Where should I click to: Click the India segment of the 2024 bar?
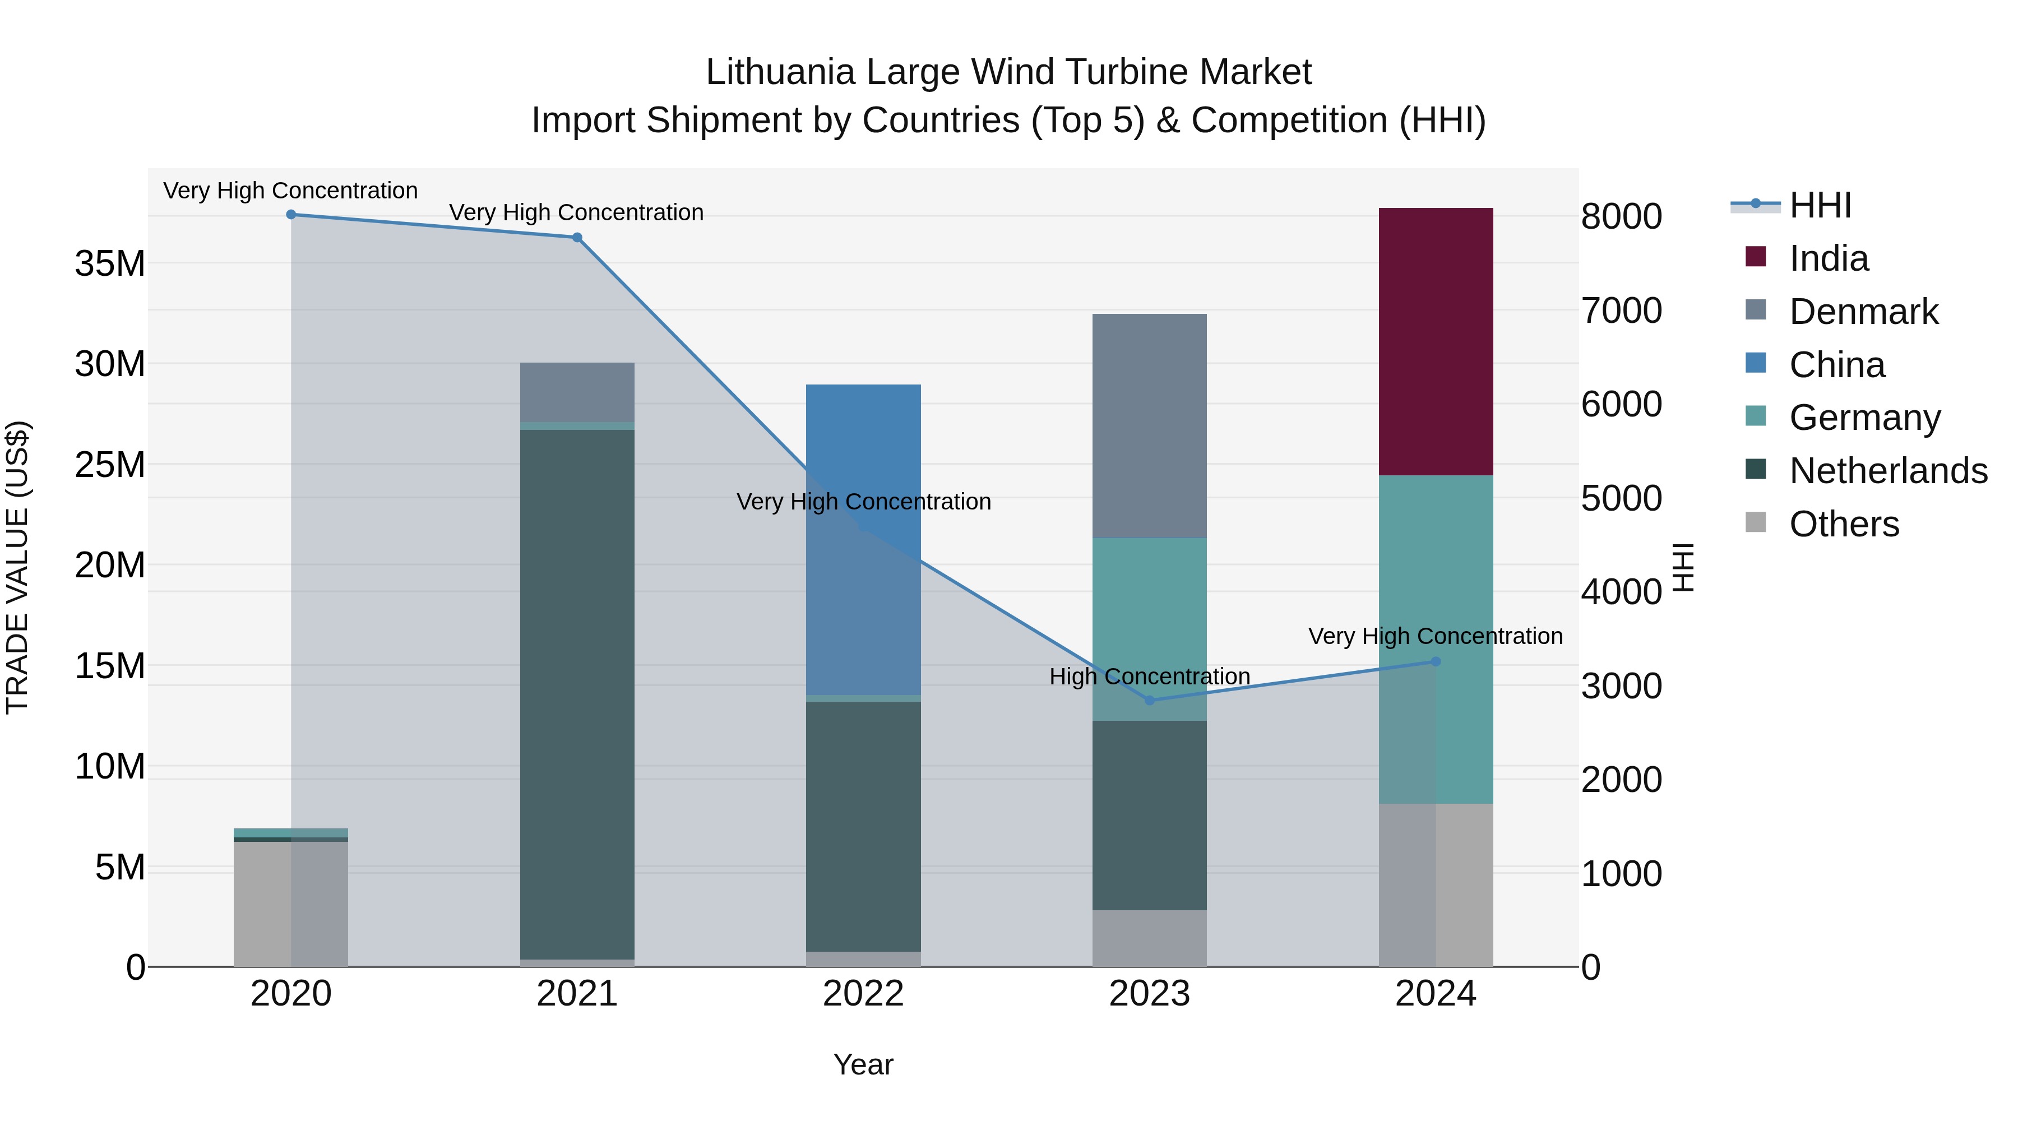[x=1435, y=341]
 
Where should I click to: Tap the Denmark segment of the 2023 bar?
[x=1149, y=425]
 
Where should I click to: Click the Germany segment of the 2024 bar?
[x=1435, y=638]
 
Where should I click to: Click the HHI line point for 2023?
[x=1149, y=700]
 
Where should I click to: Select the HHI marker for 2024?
[x=1435, y=662]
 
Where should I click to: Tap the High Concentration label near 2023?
[x=1149, y=677]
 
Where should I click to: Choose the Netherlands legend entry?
[x=1888, y=471]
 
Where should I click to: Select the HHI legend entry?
[x=1820, y=205]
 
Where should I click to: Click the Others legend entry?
[x=1843, y=524]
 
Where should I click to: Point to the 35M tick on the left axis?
[x=110, y=264]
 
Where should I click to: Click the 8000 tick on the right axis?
[x=1621, y=217]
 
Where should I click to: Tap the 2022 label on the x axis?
[x=863, y=994]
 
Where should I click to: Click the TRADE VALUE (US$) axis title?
[x=17, y=567]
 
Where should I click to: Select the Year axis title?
[x=863, y=1064]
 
